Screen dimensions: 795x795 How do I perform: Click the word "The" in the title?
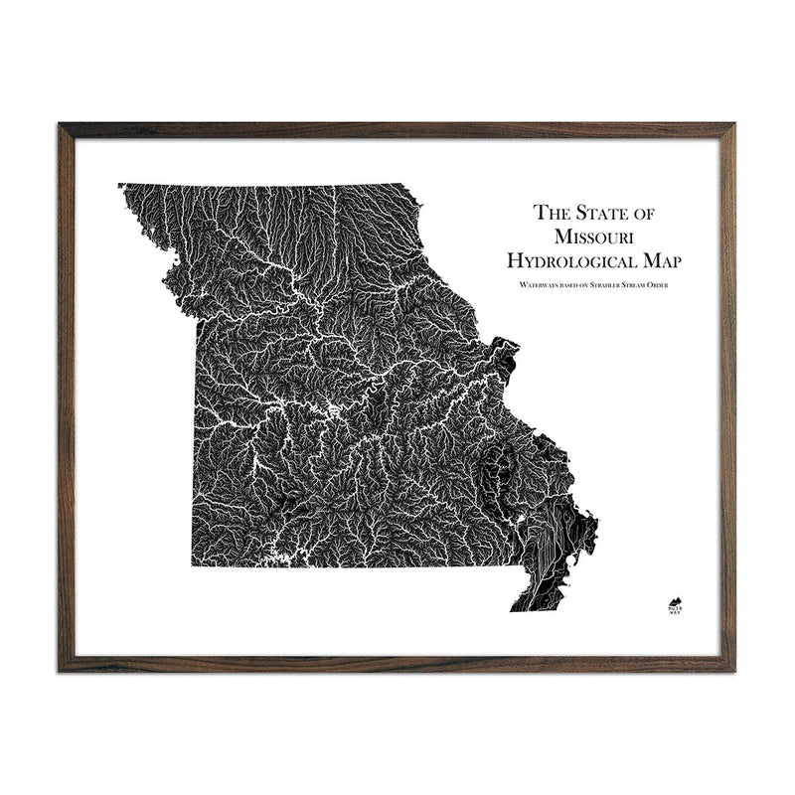point(551,212)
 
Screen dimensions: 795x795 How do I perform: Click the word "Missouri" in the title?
point(597,237)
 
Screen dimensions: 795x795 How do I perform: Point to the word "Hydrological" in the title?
point(570,261)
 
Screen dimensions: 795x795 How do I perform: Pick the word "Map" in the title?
point(668,261)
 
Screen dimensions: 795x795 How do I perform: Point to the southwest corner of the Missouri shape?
point(193,566)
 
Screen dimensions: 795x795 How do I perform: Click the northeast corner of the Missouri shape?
point(403,185)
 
